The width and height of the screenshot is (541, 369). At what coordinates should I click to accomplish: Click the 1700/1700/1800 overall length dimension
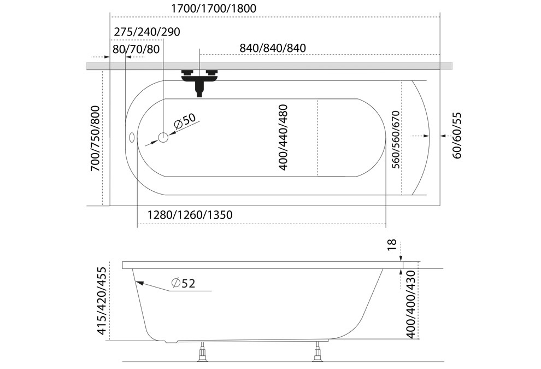[214, 8]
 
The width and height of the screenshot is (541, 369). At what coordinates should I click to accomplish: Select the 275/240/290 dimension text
[147, 32]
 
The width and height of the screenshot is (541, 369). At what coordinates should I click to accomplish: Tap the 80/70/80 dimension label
[136, 49]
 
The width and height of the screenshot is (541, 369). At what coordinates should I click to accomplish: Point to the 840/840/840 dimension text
[273, 48]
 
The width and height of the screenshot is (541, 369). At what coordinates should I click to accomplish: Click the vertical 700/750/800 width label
[95, 138]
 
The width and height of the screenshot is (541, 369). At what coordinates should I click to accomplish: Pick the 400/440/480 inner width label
[283, 137]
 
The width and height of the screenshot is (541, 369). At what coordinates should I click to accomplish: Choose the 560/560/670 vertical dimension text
[396, 139]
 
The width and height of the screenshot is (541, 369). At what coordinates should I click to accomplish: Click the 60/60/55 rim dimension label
[457, 136]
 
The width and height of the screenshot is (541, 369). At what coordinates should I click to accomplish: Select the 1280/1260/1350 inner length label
[190, 215]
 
